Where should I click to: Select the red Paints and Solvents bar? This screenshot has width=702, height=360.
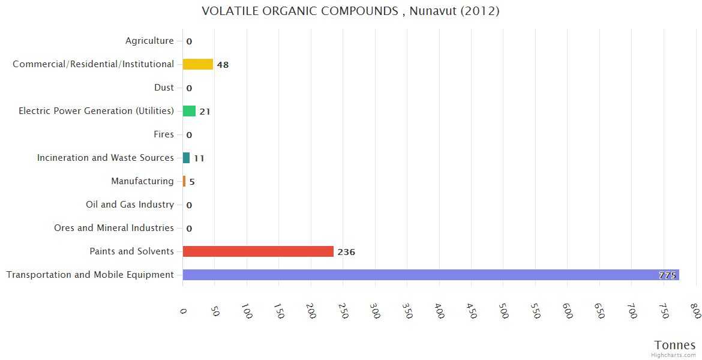click(x=258, y=251)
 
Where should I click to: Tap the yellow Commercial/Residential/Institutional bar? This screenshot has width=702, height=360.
click(x=197, y=64)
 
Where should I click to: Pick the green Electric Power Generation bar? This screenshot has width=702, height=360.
click(x=189, y=111)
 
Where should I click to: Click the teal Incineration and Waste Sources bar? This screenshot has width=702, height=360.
click(x=186, y=158)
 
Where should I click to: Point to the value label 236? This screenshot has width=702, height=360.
click(x=346, y=252)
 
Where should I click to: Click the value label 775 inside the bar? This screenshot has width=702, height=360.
click(x=667, y=275)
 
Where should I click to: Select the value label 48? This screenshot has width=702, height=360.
click(x=223, y=65)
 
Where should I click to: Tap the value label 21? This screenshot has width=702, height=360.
click(x=205, y=112)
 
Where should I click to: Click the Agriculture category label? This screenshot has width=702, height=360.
click(x=149, y=41)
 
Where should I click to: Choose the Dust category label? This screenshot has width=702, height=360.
click(x=164, y=88)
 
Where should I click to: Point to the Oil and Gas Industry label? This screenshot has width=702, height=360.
click(x=130, y=205)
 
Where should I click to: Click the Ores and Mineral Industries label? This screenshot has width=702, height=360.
click(x=114, y=228)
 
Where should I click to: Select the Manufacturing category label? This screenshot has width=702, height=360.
click(x=142, y=181)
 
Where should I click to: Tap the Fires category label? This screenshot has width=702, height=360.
click(x=163, y=134)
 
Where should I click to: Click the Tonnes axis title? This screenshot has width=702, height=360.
click(x=675, y=345)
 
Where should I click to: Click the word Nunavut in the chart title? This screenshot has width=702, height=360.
click(x=431, y=11)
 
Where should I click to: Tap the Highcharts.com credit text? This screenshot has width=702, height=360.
click(x=674, y=355)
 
